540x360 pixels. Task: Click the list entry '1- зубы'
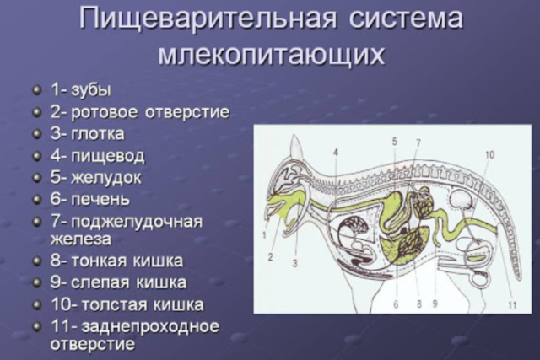81,89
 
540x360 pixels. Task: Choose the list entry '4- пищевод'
97,156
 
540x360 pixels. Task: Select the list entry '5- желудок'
95,178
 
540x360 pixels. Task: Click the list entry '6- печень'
90,200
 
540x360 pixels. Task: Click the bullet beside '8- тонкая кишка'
38,261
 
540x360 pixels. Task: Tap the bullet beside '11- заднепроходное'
38,326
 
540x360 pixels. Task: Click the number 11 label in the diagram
512,306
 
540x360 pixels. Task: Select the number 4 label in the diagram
335,153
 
